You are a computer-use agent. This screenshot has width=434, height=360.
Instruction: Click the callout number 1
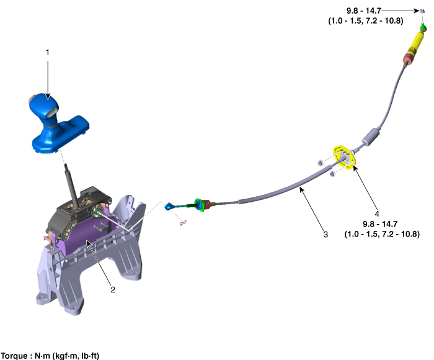coord(48,52)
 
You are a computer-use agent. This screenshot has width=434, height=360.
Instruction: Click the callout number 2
coord(113,290)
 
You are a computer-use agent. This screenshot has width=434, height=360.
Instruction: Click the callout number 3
coord(325,235)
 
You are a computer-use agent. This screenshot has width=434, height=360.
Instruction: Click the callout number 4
coord(377,214)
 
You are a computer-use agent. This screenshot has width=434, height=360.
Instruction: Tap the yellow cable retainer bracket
coord(345,157)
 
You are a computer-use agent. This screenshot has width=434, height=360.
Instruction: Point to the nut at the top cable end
coord(422,11)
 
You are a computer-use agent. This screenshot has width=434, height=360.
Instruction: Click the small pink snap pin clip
coord(183,223)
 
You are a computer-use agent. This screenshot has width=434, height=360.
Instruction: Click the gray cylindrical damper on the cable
coord(370,137)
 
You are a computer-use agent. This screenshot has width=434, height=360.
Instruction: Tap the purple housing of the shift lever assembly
coord(83,236)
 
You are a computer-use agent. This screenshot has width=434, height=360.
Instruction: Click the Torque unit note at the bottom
coord(50,356)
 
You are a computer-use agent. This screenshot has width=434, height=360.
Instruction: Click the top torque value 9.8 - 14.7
coord(364,11)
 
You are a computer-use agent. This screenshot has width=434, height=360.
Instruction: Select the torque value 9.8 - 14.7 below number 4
coord(380,224)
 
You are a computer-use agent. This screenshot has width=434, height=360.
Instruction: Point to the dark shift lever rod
coord(71,185)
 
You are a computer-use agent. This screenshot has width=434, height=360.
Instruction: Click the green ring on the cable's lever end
coord(199,205)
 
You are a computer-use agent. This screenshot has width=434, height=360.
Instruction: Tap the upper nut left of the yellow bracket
coord(320,163)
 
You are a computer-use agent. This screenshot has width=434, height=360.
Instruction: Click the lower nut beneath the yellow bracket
coord(332,174)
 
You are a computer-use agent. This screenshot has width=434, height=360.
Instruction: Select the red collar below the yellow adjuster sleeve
coord(407,58)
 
